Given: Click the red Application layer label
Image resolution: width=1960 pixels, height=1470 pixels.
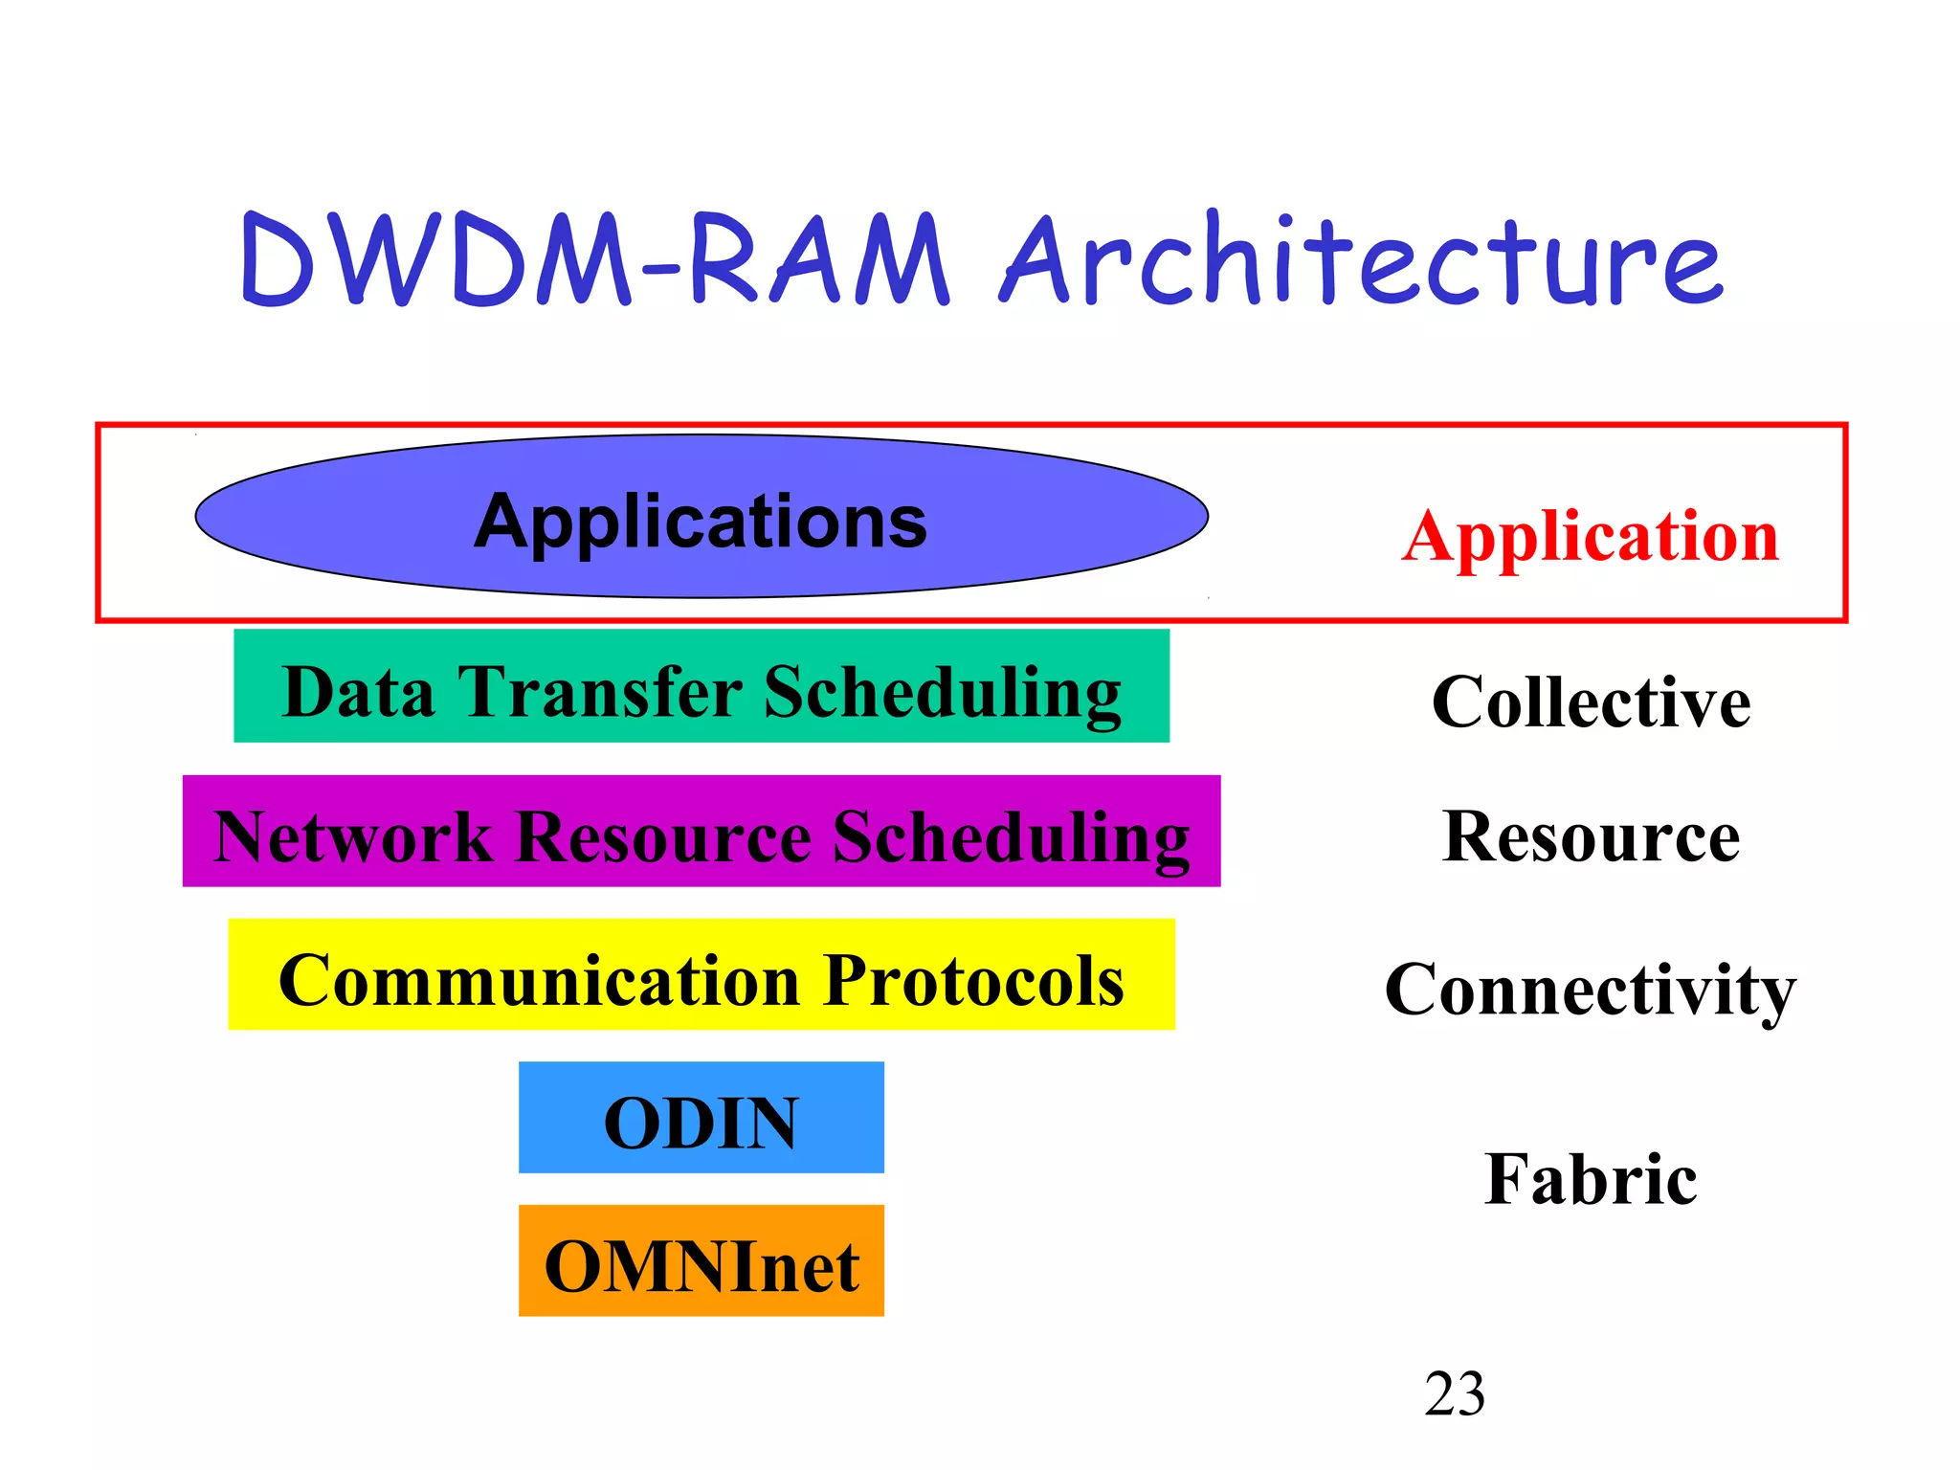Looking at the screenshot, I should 1590,537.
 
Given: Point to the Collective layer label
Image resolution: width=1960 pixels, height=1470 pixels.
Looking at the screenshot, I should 1591,702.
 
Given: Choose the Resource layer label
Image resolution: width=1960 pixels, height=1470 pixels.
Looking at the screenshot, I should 1591,836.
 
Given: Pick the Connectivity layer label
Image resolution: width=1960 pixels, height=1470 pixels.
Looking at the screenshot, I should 1590,990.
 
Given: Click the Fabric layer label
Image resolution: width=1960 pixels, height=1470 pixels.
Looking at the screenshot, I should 1591,1179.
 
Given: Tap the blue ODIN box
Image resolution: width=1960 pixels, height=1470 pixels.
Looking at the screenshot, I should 701,1118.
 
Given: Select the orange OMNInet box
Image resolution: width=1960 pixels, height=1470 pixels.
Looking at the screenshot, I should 701,1261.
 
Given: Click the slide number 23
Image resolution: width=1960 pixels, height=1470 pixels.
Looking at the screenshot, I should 1454,1394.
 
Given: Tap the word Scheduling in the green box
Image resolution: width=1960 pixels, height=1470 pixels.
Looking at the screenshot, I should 942,693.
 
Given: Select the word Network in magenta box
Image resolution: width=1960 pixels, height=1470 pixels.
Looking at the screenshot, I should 352,837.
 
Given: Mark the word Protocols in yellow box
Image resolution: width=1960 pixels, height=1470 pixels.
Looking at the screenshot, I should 973,981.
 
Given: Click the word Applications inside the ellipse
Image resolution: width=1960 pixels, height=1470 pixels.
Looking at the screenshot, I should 701,522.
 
